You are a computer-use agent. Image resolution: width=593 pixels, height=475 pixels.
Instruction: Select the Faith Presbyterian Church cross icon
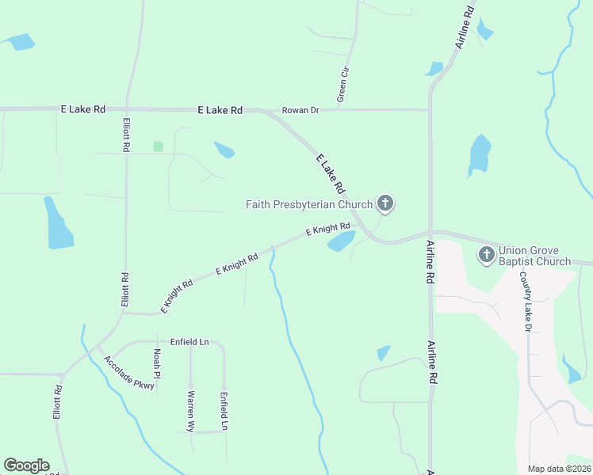[385, 204]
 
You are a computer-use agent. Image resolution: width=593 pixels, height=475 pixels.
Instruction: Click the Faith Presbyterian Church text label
[309, 204]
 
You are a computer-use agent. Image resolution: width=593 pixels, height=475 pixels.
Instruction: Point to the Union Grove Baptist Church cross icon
[486, 255]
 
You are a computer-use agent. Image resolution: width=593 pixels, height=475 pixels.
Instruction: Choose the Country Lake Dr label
[525, 302]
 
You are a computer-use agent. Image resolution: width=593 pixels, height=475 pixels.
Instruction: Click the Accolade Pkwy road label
[129, 373]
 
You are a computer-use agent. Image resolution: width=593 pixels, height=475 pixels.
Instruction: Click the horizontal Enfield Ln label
[189, 342]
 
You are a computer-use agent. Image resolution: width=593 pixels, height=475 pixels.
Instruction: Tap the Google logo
[26, 465]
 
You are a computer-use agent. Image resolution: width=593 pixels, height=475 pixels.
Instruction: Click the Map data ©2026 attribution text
[558, 469]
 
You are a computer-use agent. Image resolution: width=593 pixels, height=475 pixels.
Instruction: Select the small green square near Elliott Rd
[158, 146]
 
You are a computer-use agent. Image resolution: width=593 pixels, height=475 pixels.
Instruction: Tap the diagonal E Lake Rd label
[330, 173]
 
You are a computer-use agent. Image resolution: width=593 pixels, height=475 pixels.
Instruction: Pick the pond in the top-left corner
[20, 41]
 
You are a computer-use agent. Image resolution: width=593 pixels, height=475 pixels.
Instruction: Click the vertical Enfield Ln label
[224, 410]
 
